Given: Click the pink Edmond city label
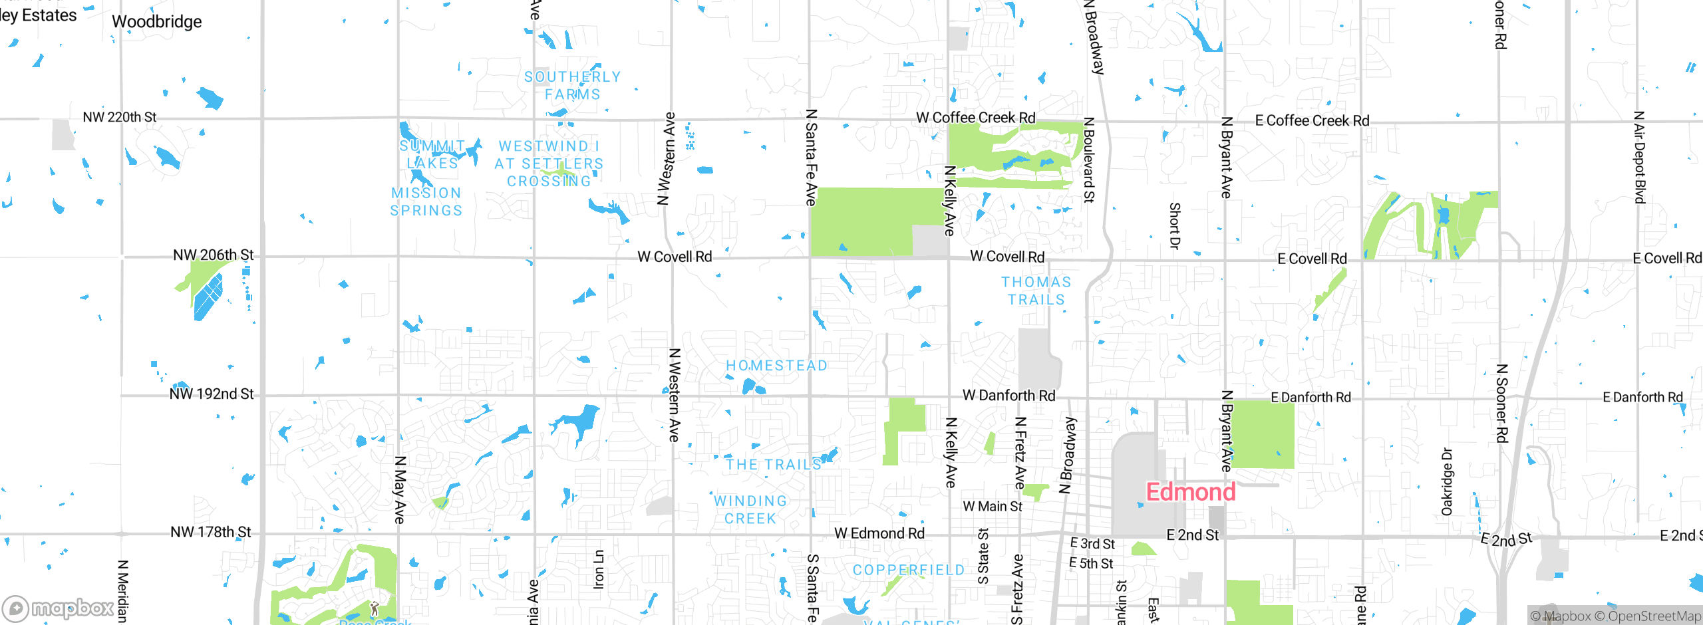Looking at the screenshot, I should pyautogui.click(x=1190, y=493).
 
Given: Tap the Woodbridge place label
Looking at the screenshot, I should pyautogui.click(x=157, y=22).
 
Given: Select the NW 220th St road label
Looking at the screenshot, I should pyautogui.click(x=120, y=118).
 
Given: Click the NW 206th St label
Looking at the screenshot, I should pyautogui.click(x=213, y=255).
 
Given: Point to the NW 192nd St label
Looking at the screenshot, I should pyautogui.click(x=212, y=394).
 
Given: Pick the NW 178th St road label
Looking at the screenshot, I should pyautogui.click(x=211, y=533).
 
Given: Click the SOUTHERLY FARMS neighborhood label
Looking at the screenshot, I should pyautogui.click(x=572, y=86).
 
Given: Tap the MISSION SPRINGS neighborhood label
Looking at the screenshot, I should pyautogui.click(x=426, y=201).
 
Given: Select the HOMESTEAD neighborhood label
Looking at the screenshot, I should pyautogui.click(x=776, y=366).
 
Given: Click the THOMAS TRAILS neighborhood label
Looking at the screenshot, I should pyautogui.click(x=1036, y=291).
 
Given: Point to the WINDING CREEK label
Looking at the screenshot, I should pyautogui.click(x=750, y=510).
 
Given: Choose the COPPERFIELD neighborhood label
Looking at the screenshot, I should pyautogui.click(x=909, y=570).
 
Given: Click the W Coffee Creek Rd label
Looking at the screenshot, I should pyautogui.click(x=975, y=118).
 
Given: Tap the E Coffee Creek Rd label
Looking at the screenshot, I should pyautogui.click(x=1312, y=121).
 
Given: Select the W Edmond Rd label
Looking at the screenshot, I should pyautogui.click(x=879, y=534).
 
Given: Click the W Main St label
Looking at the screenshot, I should pyautogui.click(x=993, y=507).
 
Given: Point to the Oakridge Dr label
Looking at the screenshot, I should pyautogui.click(x=1447, y=481).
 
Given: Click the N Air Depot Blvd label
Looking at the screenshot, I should pyautogui.click(x=1640, y=158).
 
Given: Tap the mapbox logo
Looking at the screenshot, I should pyautogui.click(x=59, y=608).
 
